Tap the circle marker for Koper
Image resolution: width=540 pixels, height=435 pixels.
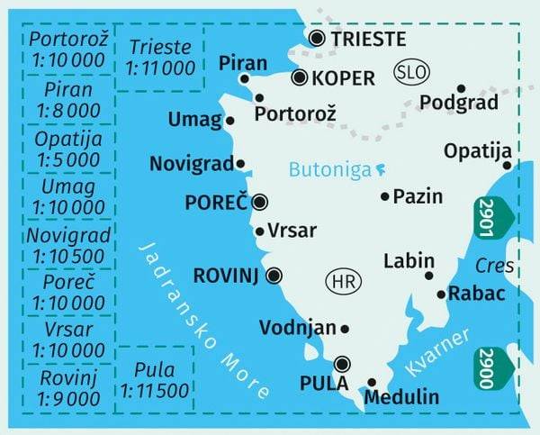pos(301,77)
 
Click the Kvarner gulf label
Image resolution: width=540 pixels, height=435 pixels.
pos(437,353)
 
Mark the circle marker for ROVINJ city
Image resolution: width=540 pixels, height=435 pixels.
pos(274,276)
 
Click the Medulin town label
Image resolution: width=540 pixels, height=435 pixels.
pos(402,396)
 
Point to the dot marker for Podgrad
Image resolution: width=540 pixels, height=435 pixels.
pos(461,88)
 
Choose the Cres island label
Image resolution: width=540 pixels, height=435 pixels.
pos(496,267)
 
